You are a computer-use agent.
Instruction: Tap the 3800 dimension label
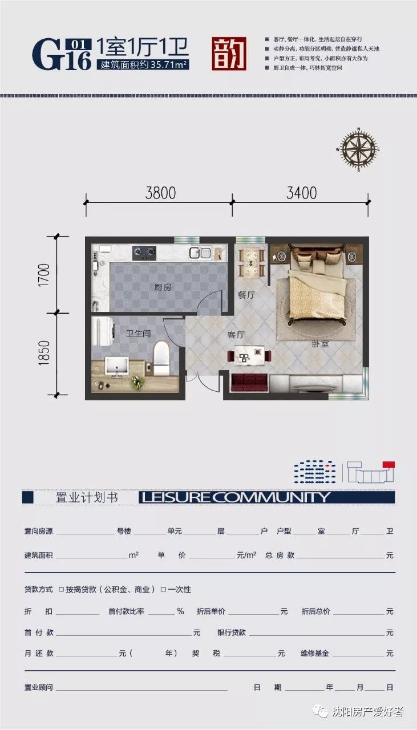click(x=160, y=193)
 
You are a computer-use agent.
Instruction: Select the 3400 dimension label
click(x=301, y=193)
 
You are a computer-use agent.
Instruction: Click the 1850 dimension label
click(x=46, y=353)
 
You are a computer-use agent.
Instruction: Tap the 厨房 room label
click(x=163, y=287)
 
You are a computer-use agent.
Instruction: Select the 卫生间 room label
click(x=139, y=333)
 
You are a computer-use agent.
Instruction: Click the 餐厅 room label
click(x=246, y=295)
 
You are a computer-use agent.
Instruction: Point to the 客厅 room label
click(x=236, y=335)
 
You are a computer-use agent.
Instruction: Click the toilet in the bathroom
click(x=162, y=359)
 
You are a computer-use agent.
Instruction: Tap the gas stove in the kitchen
click(x=144, y=252)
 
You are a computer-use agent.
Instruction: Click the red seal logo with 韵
click(x=229, y=54)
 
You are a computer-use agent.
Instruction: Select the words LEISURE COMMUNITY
click(x=235, y=497)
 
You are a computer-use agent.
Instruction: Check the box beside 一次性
click(x=163, y=589)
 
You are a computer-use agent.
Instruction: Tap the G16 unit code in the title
click(x=62, y=55)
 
